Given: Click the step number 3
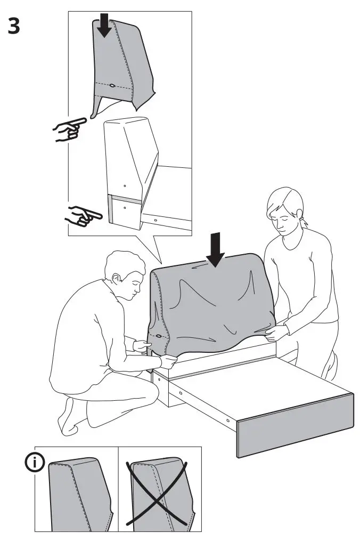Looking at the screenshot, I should pos(14,26).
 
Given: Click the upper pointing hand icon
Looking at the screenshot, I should pos(69,129).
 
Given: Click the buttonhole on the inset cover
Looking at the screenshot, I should pos(113,85).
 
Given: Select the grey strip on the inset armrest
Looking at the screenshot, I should pos(111,208).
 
